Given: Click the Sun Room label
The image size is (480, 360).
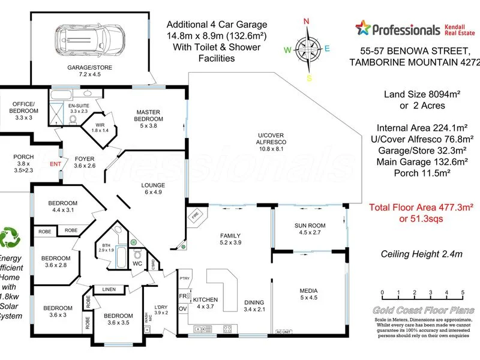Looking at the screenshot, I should pyautogui.click(x=310, y=229).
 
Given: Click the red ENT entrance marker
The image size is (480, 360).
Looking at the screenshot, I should pyautogui.click(x=55, y=163).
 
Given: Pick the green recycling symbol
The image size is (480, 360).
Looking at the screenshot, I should pyautogui.click(x=11, y=238).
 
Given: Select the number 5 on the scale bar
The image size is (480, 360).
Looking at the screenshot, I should pyautogui.click(x=463, y=293).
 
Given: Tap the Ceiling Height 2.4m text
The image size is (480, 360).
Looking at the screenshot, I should pyautogui.click(x=422, y=254).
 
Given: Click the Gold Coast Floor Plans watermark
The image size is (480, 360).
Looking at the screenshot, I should pyautogui.click(x=423, y=310).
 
